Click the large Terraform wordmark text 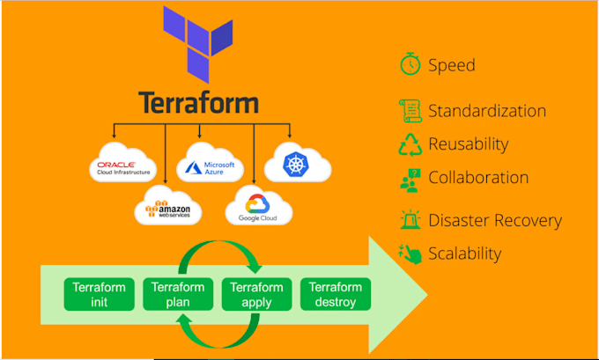click(x=198, y=102)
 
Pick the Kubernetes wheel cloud click(x=294, y=162)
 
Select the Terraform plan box click(x=178, y=295)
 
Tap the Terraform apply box click(x=255, y=295)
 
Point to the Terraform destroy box click(x=335, y=295)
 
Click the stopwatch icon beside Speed click(x=410, y=65)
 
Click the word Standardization click(x=486, y=112)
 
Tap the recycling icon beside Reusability click(x=410, y=145)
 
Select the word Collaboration click(x=478, y=178)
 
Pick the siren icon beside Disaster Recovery click(x=410, y=220)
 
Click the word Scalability click(x=464, y=254)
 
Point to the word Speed click(x=451, y=65)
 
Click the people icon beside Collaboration click(x=410, y=179)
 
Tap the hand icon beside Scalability click(x=410, y=253)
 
